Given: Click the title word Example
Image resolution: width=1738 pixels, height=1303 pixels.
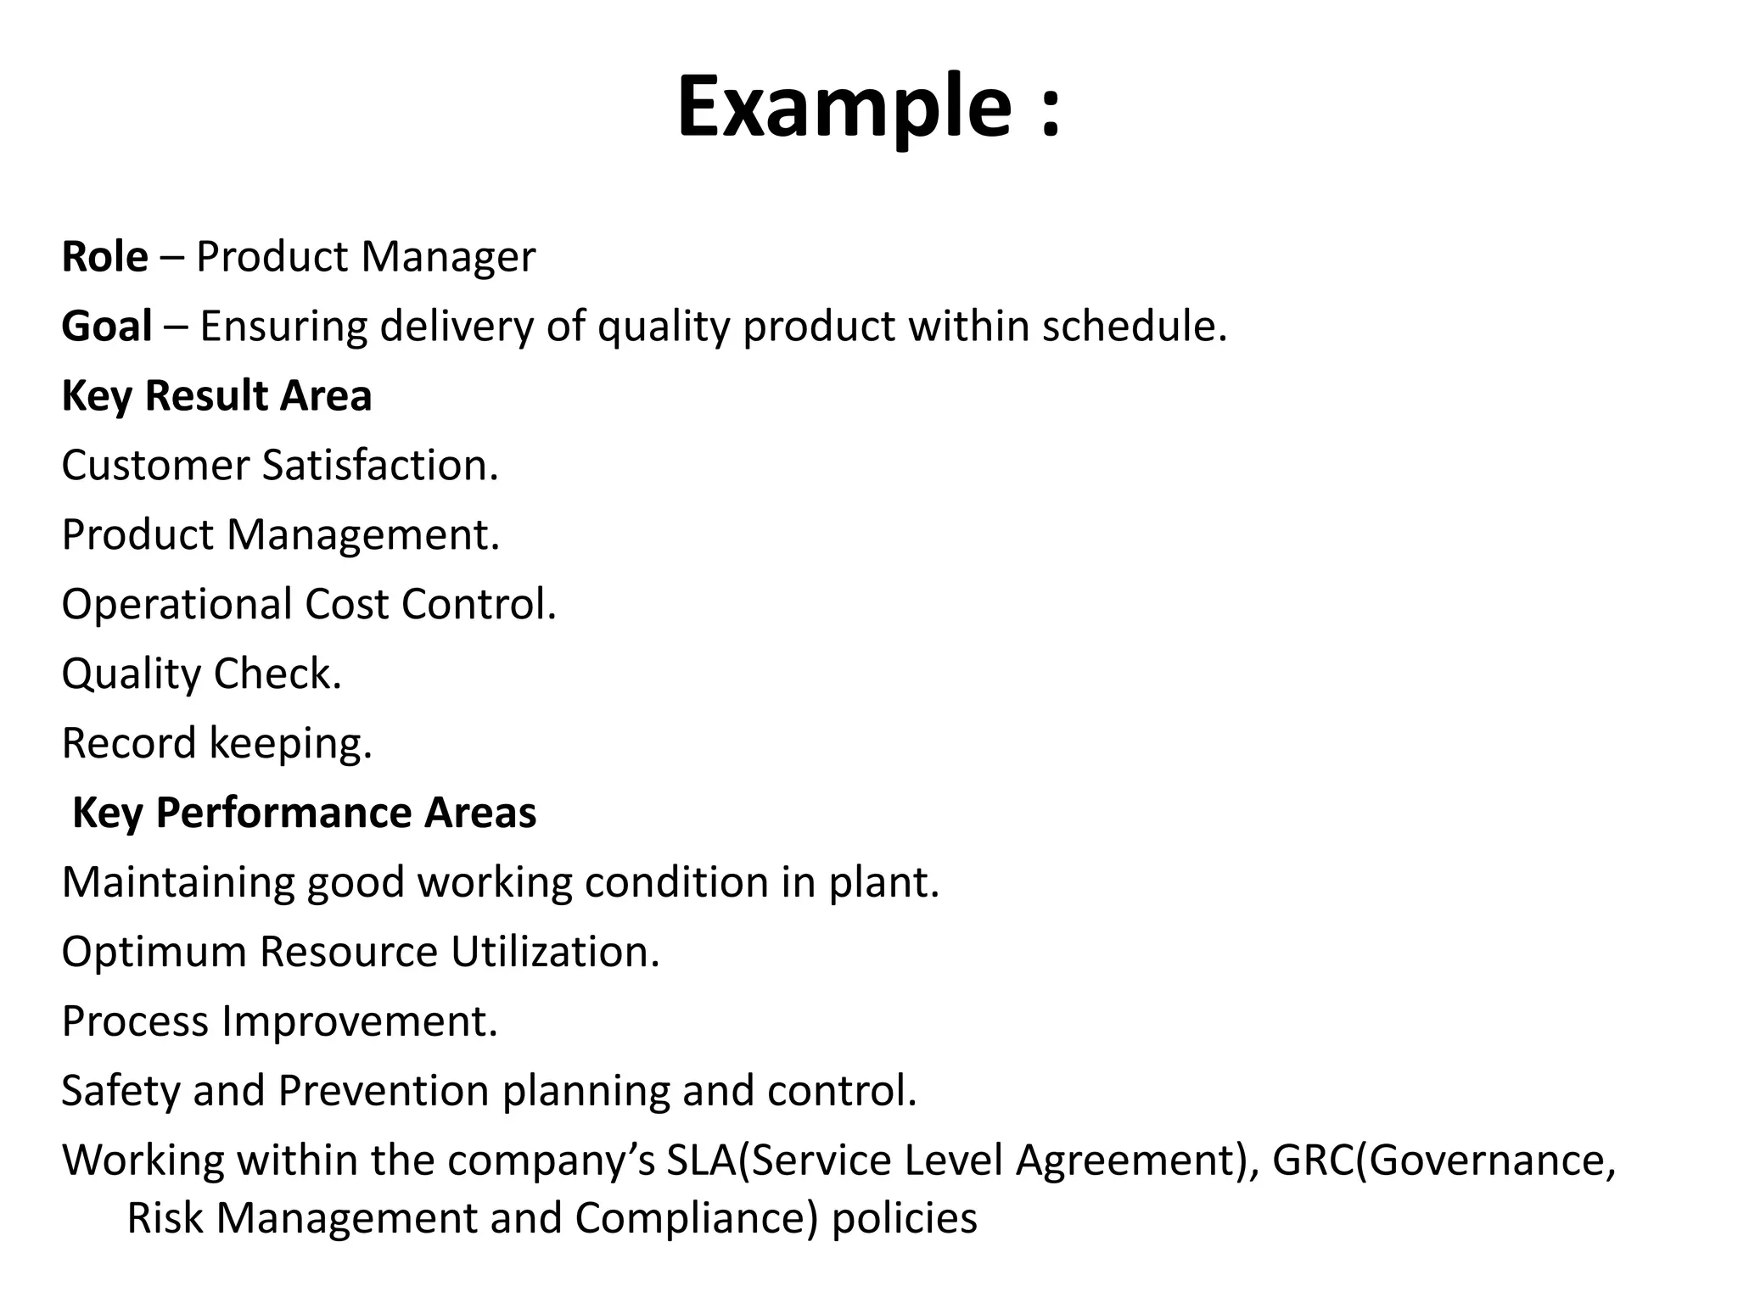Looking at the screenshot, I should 844,108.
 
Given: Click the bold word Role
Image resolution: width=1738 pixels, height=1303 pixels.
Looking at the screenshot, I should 104,256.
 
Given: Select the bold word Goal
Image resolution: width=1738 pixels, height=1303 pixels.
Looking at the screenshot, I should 107,327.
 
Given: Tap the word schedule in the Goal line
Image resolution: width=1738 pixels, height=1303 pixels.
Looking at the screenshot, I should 1133,327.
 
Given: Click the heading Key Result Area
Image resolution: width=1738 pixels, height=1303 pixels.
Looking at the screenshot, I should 216,396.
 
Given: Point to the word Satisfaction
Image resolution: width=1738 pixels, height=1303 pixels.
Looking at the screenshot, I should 379,466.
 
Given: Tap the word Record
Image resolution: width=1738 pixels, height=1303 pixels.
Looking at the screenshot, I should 129,743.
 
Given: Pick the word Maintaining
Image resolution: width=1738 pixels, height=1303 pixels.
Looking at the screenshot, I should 177,882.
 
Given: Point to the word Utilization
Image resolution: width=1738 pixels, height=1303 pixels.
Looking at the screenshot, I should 554,952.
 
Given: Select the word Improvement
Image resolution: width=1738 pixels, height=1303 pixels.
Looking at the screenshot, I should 359,1021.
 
